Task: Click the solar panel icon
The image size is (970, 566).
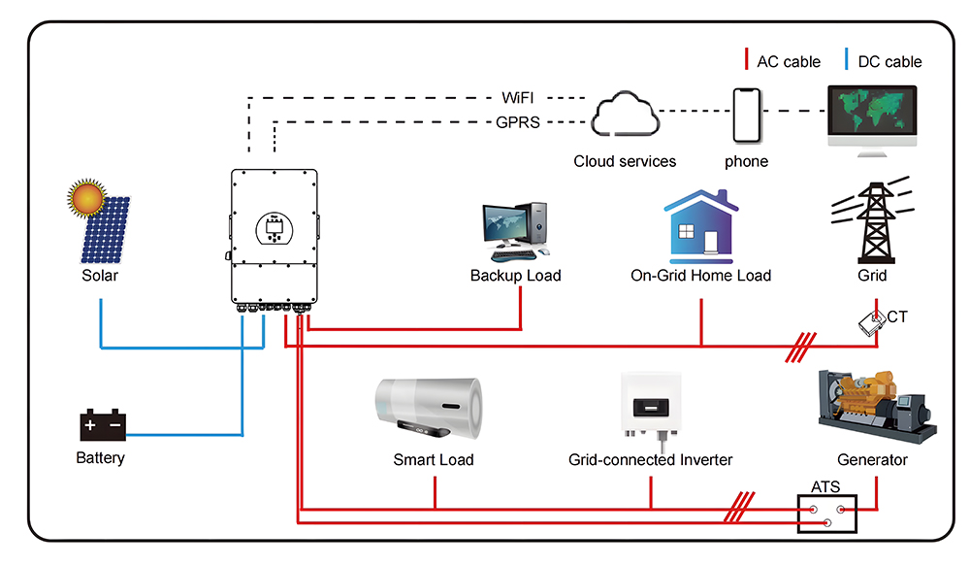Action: [x=105, y=231]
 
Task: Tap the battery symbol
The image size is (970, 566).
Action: [x=102, y=426]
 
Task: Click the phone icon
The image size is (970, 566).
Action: [x=746, y=116]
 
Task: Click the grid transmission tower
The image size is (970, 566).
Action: [x=872, y=224]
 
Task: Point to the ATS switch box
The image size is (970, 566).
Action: [x=826, y=514]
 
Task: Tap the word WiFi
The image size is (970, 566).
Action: [x=518, y=98]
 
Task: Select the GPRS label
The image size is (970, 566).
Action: [x=518, y=122]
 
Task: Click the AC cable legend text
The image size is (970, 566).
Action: [x=788, y=61]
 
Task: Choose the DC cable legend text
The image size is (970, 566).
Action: [x=889, y=61]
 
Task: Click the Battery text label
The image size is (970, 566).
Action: [x=101, y=457]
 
